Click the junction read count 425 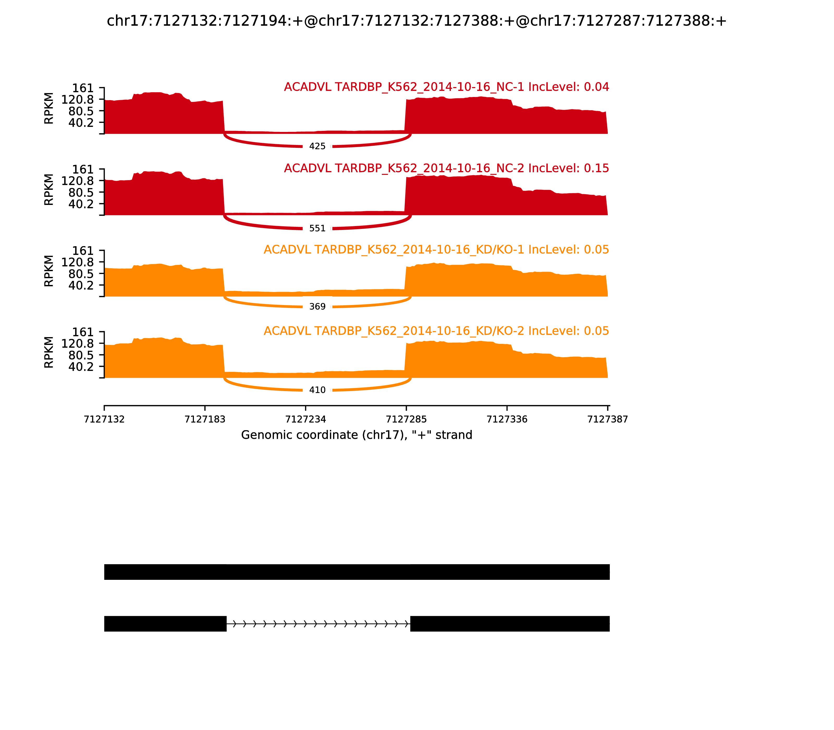point(317,146)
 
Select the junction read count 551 point(317,229)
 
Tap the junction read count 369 point(317,307)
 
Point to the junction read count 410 point(317,390)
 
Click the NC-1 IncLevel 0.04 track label point(446,87)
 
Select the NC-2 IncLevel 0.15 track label point(446,168)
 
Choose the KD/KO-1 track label point(436,250)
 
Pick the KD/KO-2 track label point(436,331)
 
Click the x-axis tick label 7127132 point(104,419)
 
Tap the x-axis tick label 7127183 point(205,419)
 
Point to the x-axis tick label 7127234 point(305,419)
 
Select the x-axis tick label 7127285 point(406,419)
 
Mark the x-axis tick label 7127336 point(507,419)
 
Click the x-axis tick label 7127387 point(608,419)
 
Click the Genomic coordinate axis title point(357,435)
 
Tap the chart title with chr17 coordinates point(416,21)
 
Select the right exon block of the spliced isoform point(510,624)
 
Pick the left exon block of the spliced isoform point(165,624)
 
